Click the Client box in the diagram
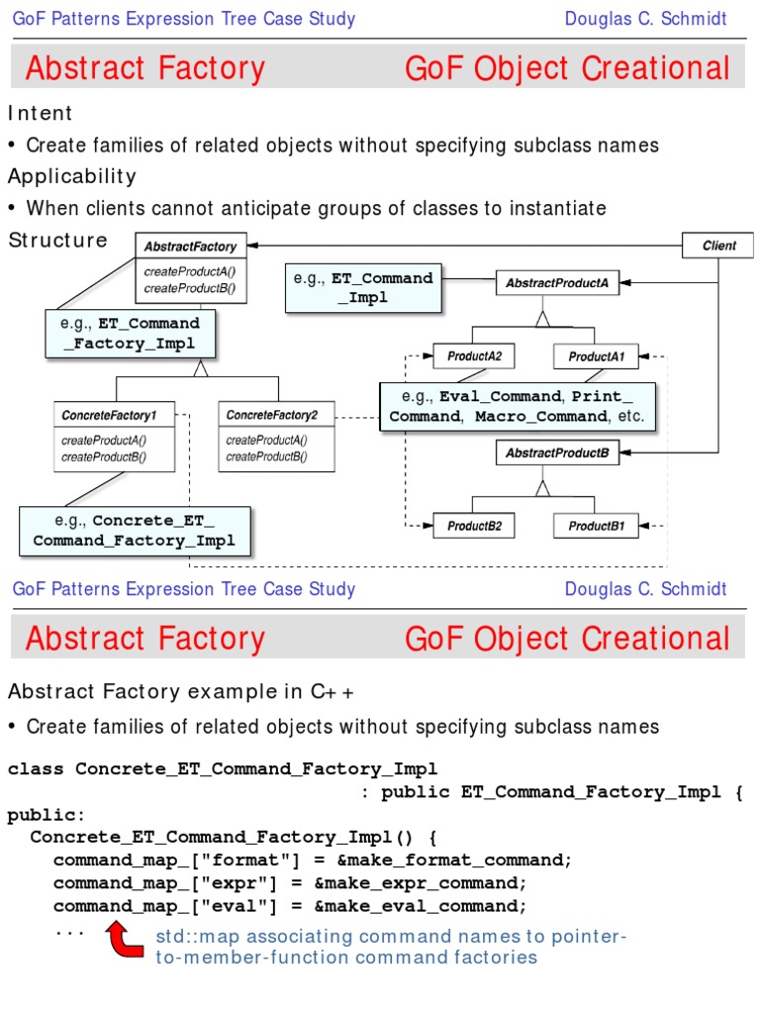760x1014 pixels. pos(718,246)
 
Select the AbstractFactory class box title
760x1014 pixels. pos(191,247)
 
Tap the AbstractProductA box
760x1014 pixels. pos(556,283)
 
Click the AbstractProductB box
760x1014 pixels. pos(556,454)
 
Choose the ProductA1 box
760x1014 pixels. pos(603,356)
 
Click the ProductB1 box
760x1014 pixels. pos(603,527)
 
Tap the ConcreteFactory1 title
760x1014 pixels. pos(116,414)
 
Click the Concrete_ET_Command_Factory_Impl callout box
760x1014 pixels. pos(135,531)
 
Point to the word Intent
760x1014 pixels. pos(41,113)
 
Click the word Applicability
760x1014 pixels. pos(72,176)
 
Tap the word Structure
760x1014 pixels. pos(57,240)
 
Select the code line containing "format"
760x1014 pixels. pos(313,860)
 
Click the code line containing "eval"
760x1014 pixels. pos(290,906)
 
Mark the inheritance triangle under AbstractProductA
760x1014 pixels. pos(541,318)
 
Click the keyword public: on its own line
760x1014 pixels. pos(47,815)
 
